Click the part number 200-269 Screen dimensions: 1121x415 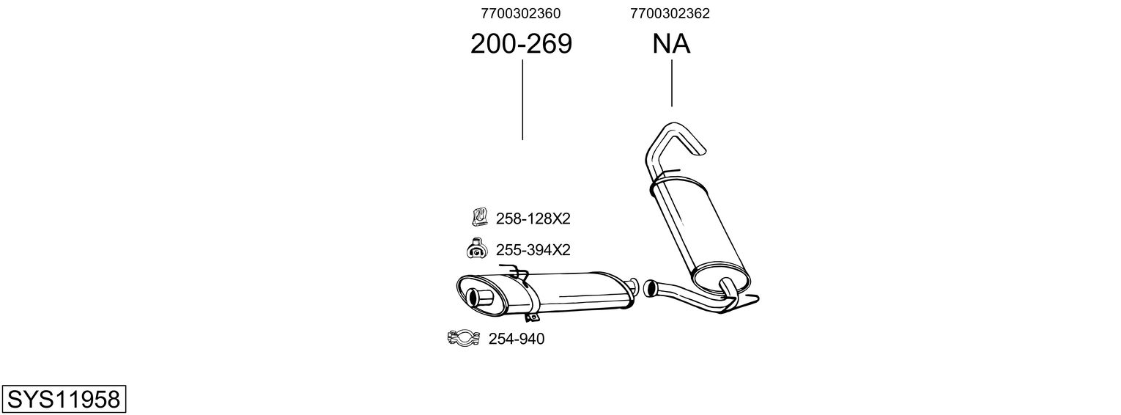pyautogui.click(x=521, y=45)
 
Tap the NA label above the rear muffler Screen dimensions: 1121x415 pyautogui.click(x=671, y=45)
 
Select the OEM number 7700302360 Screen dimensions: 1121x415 pyautogui.click(x=521, y=13)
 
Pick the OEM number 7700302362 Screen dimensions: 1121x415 pyautogui.click(x=670, y=13)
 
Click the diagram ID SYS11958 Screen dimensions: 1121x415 pyautogui.click(x=63, y=399)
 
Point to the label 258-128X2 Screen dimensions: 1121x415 pyautogui.click(x=533, y=218)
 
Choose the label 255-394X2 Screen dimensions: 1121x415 pyautogui.click(x=533, y=250)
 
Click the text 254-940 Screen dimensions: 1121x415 pyautogui.click(x=517, y=339)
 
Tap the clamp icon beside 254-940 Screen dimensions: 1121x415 pyautogui.click(x=462, y=338)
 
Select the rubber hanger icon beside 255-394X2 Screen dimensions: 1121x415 pyautogui.click(x=476, y=249)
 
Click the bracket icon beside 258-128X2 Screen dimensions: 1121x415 pyautogui.click(x=478, y=217)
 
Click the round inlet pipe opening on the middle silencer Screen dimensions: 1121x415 pyautogui.click(x=484, y=298)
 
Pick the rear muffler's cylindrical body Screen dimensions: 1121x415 pyautogui.click(x=696, y=227)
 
